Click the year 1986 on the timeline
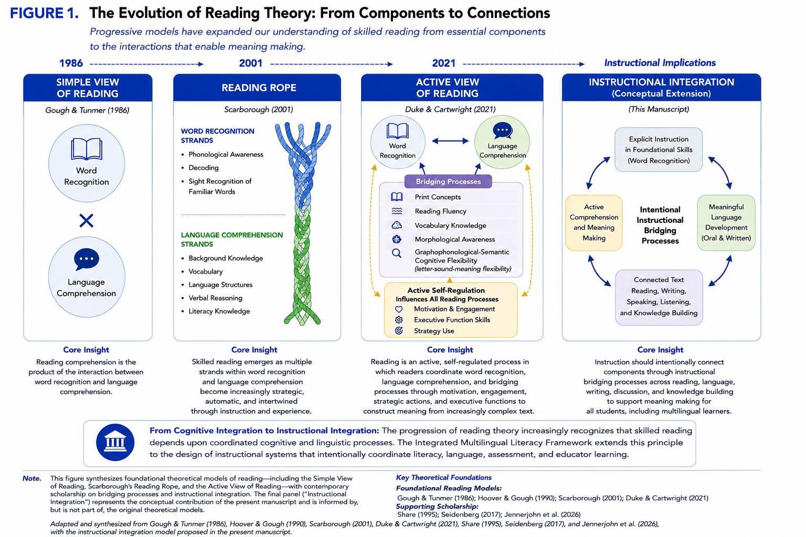71,63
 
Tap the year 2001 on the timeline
250,63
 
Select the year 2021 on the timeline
443,63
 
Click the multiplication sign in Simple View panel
87,220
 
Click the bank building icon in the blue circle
115,443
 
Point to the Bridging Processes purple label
448,181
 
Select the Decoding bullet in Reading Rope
203,168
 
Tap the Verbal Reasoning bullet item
215,298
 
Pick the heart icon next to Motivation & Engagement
399,309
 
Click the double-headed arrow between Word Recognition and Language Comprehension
450,141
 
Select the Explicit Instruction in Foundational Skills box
659,149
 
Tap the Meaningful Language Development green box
726,223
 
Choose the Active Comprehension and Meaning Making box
593,223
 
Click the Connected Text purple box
659,297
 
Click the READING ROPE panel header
257,88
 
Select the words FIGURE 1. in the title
44,13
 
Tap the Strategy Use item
433,331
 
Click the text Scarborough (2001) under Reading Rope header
258,110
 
